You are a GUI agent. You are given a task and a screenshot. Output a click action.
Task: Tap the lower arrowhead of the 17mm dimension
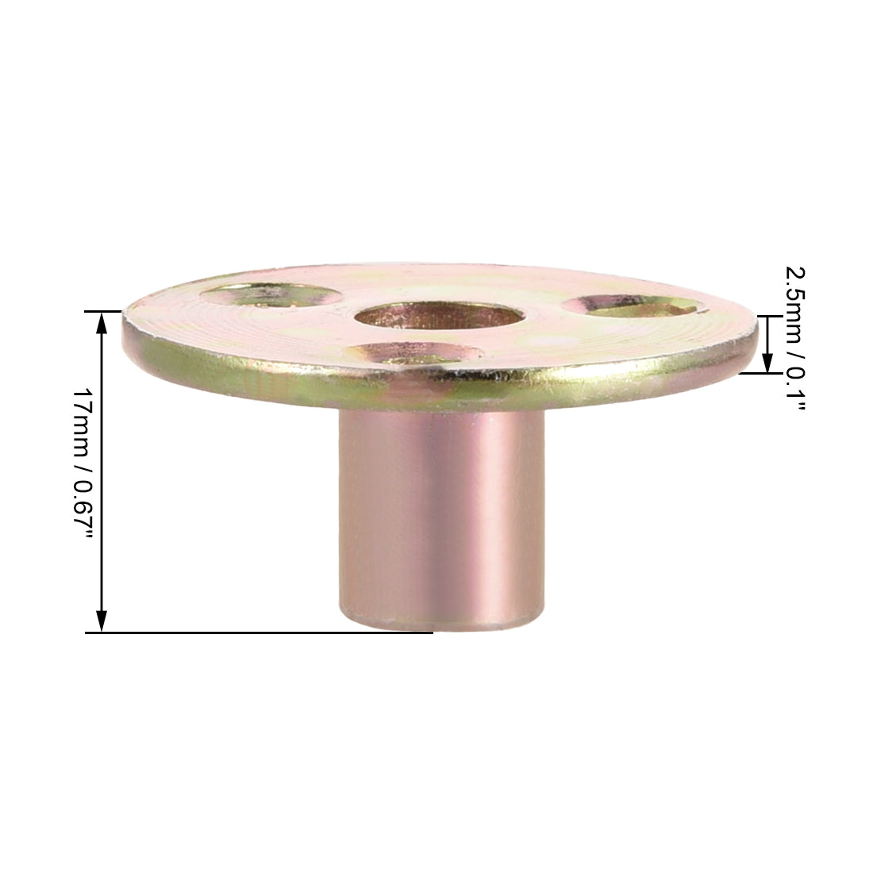pos(102,622)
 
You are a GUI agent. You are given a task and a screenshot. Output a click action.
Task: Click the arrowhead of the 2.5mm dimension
pos(767,363)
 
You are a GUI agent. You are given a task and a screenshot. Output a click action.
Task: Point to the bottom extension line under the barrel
pos(262,633)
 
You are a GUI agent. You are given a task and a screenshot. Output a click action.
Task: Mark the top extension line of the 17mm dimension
pos(104,311)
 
